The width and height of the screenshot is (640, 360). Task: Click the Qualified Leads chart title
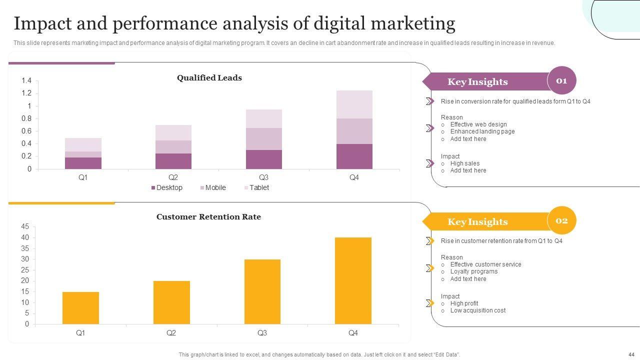[209, 78]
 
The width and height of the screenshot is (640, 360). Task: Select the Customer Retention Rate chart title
[208, 217]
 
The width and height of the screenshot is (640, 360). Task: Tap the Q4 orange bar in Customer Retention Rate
[353, 280]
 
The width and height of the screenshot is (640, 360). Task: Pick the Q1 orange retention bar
[80, 308]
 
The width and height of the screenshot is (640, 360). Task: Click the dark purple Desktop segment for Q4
[354, 156]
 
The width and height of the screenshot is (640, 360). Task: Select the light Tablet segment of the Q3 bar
[263, 119]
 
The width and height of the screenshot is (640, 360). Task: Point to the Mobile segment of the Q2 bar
[173, 147]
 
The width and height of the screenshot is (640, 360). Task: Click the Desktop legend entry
[167, 188]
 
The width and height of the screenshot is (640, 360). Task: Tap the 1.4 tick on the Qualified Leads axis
[26, 81]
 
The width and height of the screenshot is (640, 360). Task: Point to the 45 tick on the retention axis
[25, 226]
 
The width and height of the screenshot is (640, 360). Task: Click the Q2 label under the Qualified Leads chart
[173, 177]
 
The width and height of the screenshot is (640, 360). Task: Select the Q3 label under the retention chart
[262, 333]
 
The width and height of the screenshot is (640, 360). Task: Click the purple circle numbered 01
[561, 80]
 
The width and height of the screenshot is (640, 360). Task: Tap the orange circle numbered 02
[561, 220]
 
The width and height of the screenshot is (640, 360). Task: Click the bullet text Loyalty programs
[473, 271]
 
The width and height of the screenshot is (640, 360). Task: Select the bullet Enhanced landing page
[482, 131]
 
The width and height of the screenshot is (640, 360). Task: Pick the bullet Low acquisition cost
[477, 310]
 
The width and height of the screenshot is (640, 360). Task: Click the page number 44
[631, 354]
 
